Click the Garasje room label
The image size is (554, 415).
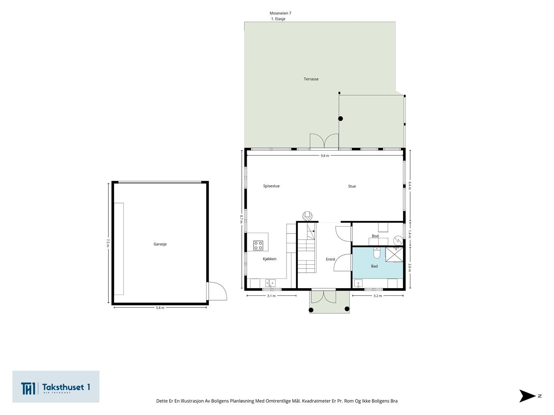tap(160, 244)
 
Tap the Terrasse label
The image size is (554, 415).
tap(311, 79)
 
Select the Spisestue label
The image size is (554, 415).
tap(272, 186)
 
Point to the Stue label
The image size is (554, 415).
tap(352, 186)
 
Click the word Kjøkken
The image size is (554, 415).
tap(269, 259)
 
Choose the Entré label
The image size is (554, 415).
tap(330, 259)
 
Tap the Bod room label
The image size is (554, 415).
tap(375, 236)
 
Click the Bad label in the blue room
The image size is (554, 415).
tap(374, 266)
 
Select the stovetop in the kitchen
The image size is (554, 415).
tap(258, 246)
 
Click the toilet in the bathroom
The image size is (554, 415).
tap(377, 253)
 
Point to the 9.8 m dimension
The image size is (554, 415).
tap(325, 156)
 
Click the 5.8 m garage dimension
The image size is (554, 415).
tap(160, 308)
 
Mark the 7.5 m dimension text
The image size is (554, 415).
tap(108, 243)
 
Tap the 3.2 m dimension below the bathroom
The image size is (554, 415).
tap(377, 296)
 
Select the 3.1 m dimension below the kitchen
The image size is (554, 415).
tap(272, 296)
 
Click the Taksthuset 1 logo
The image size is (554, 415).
tap(56, 387)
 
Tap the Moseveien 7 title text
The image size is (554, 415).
tap(280, 13)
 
